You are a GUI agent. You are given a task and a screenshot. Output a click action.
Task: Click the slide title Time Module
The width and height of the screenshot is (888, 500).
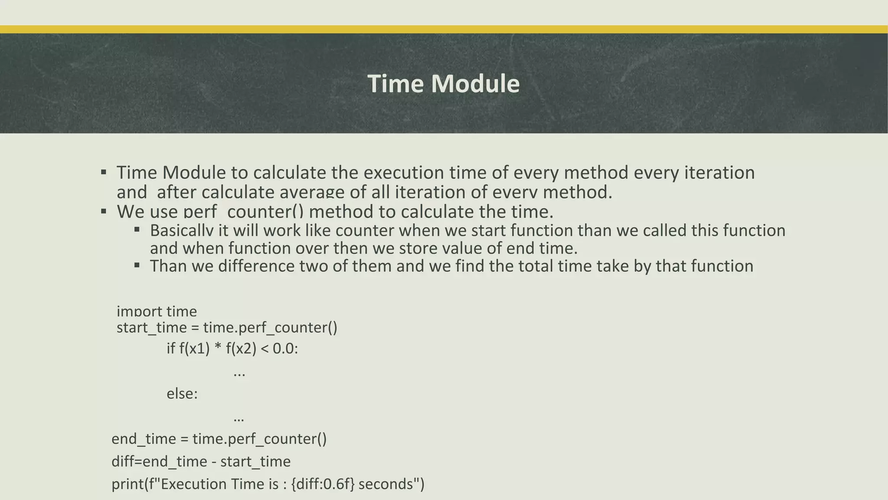pos(443,83)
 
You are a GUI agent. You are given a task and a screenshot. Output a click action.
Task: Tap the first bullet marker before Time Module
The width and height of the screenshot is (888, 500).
pos(104,172)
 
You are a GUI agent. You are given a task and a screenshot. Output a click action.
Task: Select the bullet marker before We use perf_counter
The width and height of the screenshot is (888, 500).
pos(104,211)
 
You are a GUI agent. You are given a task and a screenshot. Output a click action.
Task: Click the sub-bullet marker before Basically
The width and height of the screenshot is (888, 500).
pos(137,230)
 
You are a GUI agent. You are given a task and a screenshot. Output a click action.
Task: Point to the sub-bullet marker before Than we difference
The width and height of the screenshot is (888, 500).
pos(137,265)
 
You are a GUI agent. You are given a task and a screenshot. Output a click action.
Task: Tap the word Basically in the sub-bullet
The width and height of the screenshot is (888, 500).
pos(182,230)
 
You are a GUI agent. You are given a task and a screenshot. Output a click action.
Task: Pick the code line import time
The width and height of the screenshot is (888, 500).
pos(157,311)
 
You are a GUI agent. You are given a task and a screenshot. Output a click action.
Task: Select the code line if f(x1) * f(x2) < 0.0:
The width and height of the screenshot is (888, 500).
pos(232,349)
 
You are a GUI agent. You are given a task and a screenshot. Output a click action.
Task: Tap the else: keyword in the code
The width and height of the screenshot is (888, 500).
pos(182,394)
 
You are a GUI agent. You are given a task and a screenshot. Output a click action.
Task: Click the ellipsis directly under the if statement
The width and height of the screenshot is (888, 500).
pos(239,373)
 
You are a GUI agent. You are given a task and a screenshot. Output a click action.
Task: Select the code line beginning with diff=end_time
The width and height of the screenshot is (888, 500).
pos(201,461)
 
